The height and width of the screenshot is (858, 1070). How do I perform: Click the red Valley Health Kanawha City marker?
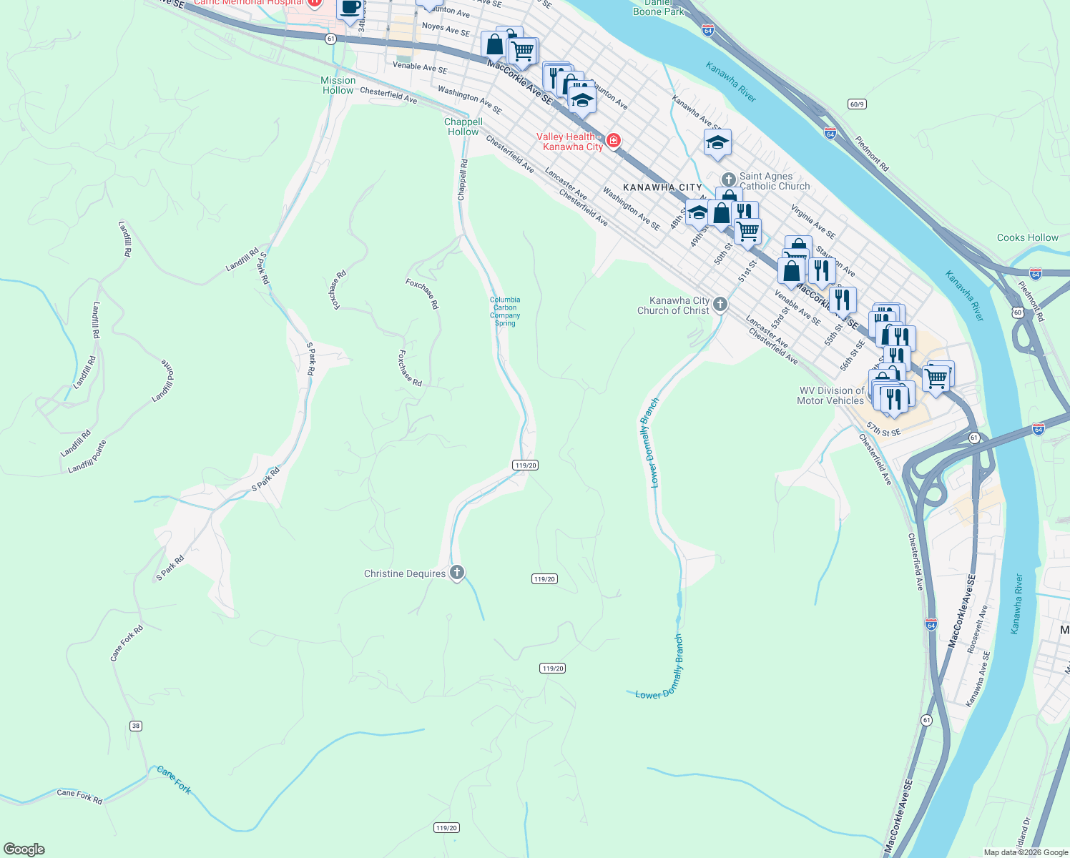coord(614,140)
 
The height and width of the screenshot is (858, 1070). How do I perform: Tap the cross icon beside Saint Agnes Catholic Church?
coord(728,179)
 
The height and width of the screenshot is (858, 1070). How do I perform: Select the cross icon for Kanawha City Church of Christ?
coord(720,305)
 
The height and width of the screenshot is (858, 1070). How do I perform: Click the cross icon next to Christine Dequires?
coord(457,573)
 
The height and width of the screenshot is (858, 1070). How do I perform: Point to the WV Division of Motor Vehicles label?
coord(830,395)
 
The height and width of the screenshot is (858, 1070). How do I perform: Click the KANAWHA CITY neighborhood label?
coord(662,187)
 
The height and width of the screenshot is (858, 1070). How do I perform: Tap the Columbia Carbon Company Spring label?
coord(505,312)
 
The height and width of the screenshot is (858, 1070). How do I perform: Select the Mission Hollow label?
coord(338,85)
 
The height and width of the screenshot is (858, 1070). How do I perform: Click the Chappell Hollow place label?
coord(463,127)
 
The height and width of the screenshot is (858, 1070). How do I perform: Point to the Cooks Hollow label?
coord(1027,237)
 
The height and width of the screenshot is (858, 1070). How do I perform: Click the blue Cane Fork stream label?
coord(174,779)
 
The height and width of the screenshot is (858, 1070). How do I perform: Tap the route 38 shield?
coord(136,726)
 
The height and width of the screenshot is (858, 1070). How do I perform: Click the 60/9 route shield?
coord(857,104)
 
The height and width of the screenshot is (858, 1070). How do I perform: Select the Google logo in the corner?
coord(24,849)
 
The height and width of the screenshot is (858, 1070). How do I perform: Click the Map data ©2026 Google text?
coord(1026,852)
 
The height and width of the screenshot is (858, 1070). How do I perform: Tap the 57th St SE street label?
coord(884,429)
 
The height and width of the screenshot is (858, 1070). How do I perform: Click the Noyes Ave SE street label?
coord(446,29)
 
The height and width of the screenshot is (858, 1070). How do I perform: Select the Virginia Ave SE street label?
coord(813,222)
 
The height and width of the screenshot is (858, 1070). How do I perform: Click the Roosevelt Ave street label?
coord(977,629)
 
